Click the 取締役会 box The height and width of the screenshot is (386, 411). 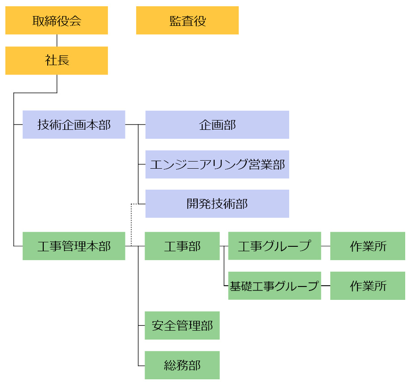pyautogui.click(x=57, y=21)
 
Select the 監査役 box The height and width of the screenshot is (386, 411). pyautogui.click(x=187, y=21)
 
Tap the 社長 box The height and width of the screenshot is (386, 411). pyautogui.click(x=57, y=61)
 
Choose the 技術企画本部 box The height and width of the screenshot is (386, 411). pyautogui.click(x=74, y=125)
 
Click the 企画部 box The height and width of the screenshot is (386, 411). pyautogui.click(x=217, y=125)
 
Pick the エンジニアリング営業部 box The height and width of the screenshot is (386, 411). pyautogui.click(x=217, y=164)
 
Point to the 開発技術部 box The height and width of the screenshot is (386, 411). pyautogui.click(x=217, y=204)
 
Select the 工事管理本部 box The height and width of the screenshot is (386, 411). pyautogui.click(x=74, y=246)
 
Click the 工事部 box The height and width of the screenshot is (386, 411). pyautogui.click(x=182, y=246)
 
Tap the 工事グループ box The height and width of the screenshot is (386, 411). pyautogui.click(x=274, y=246)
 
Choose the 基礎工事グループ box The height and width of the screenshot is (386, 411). pyautogui.click(x=274, y=286)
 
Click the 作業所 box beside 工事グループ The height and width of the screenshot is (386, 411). pyautogui.click(x=368, y=246)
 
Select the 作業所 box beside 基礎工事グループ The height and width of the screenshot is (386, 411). pyautogui.click(x=368, y=286)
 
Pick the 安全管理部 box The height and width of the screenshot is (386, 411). pyautogui.click(x=182, y=325)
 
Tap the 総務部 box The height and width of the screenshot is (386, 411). pyautogui.click(x=182, y=365)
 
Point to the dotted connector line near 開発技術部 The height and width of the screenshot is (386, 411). pyautogui.click(x=131, y=223)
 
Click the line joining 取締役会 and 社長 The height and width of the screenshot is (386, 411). pyautogui.click(x=57, y=40)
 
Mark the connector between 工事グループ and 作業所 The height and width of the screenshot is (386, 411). pyautogui.click(x=325, y=246)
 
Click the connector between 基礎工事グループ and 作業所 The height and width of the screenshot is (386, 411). pyautogui.click(x=325, y=286)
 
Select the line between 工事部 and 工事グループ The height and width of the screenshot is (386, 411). pyautogui.click(x=224, y=246)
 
